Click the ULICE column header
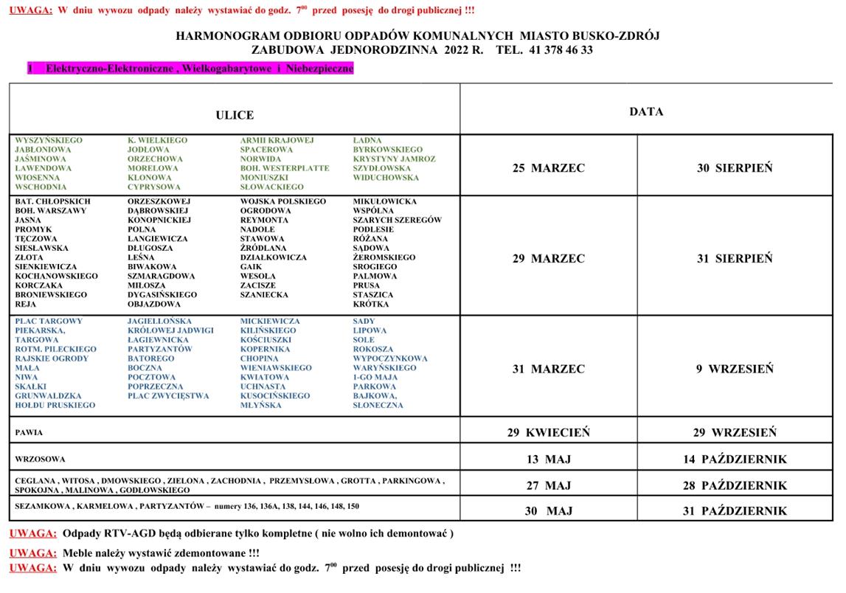pyautogui.click(x=235, y=115)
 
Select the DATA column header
pyautogui.click(x=646, y=112)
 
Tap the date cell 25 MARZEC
pyautogui.click(x=549, y=168)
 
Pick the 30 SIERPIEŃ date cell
pyautogui.click(x=735, y=168)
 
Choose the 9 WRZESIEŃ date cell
pyautogui.click(x=735, y=370)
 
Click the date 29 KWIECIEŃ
pyautogui.click(x=549, y=433)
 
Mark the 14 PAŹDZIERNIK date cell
pyautogui.click(x=735, y=460)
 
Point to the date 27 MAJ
pyautogui.click(x=549, y=486)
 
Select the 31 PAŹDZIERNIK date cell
pyautogui.click(x=735, y=511)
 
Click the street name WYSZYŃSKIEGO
pyautogui.click(x=49, y=140)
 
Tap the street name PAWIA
pyautogui.click(x=29, y=433)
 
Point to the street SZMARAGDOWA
pyautogui.click(x=162, y=276)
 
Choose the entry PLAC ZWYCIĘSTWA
pyautogui.click(x=168, y=396)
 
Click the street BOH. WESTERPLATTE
pyautogui.click(x=285, y=168)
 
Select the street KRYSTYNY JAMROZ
pyautogui.click(x=394, y=159)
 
